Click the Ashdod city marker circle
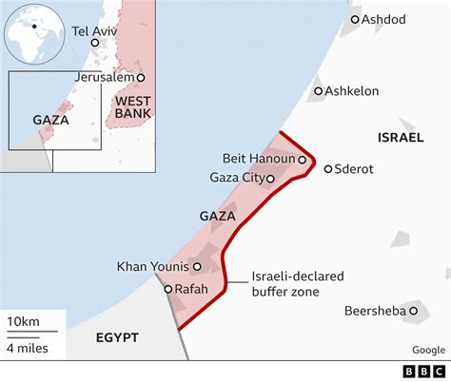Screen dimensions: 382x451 pos(355,19)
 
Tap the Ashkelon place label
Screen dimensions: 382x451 pos(352,91)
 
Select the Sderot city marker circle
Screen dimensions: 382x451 pos(328,169)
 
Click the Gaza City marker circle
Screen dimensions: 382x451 pos(270,178)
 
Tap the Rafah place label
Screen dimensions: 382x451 pos(191,289)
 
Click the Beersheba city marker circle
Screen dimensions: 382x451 pos(414,311)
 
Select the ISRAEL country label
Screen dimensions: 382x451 pos(400,138)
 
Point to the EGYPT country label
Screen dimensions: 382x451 pos(117,337)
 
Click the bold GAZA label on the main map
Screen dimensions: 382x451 pos(218,217)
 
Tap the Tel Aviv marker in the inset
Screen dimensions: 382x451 pos(93,41)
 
